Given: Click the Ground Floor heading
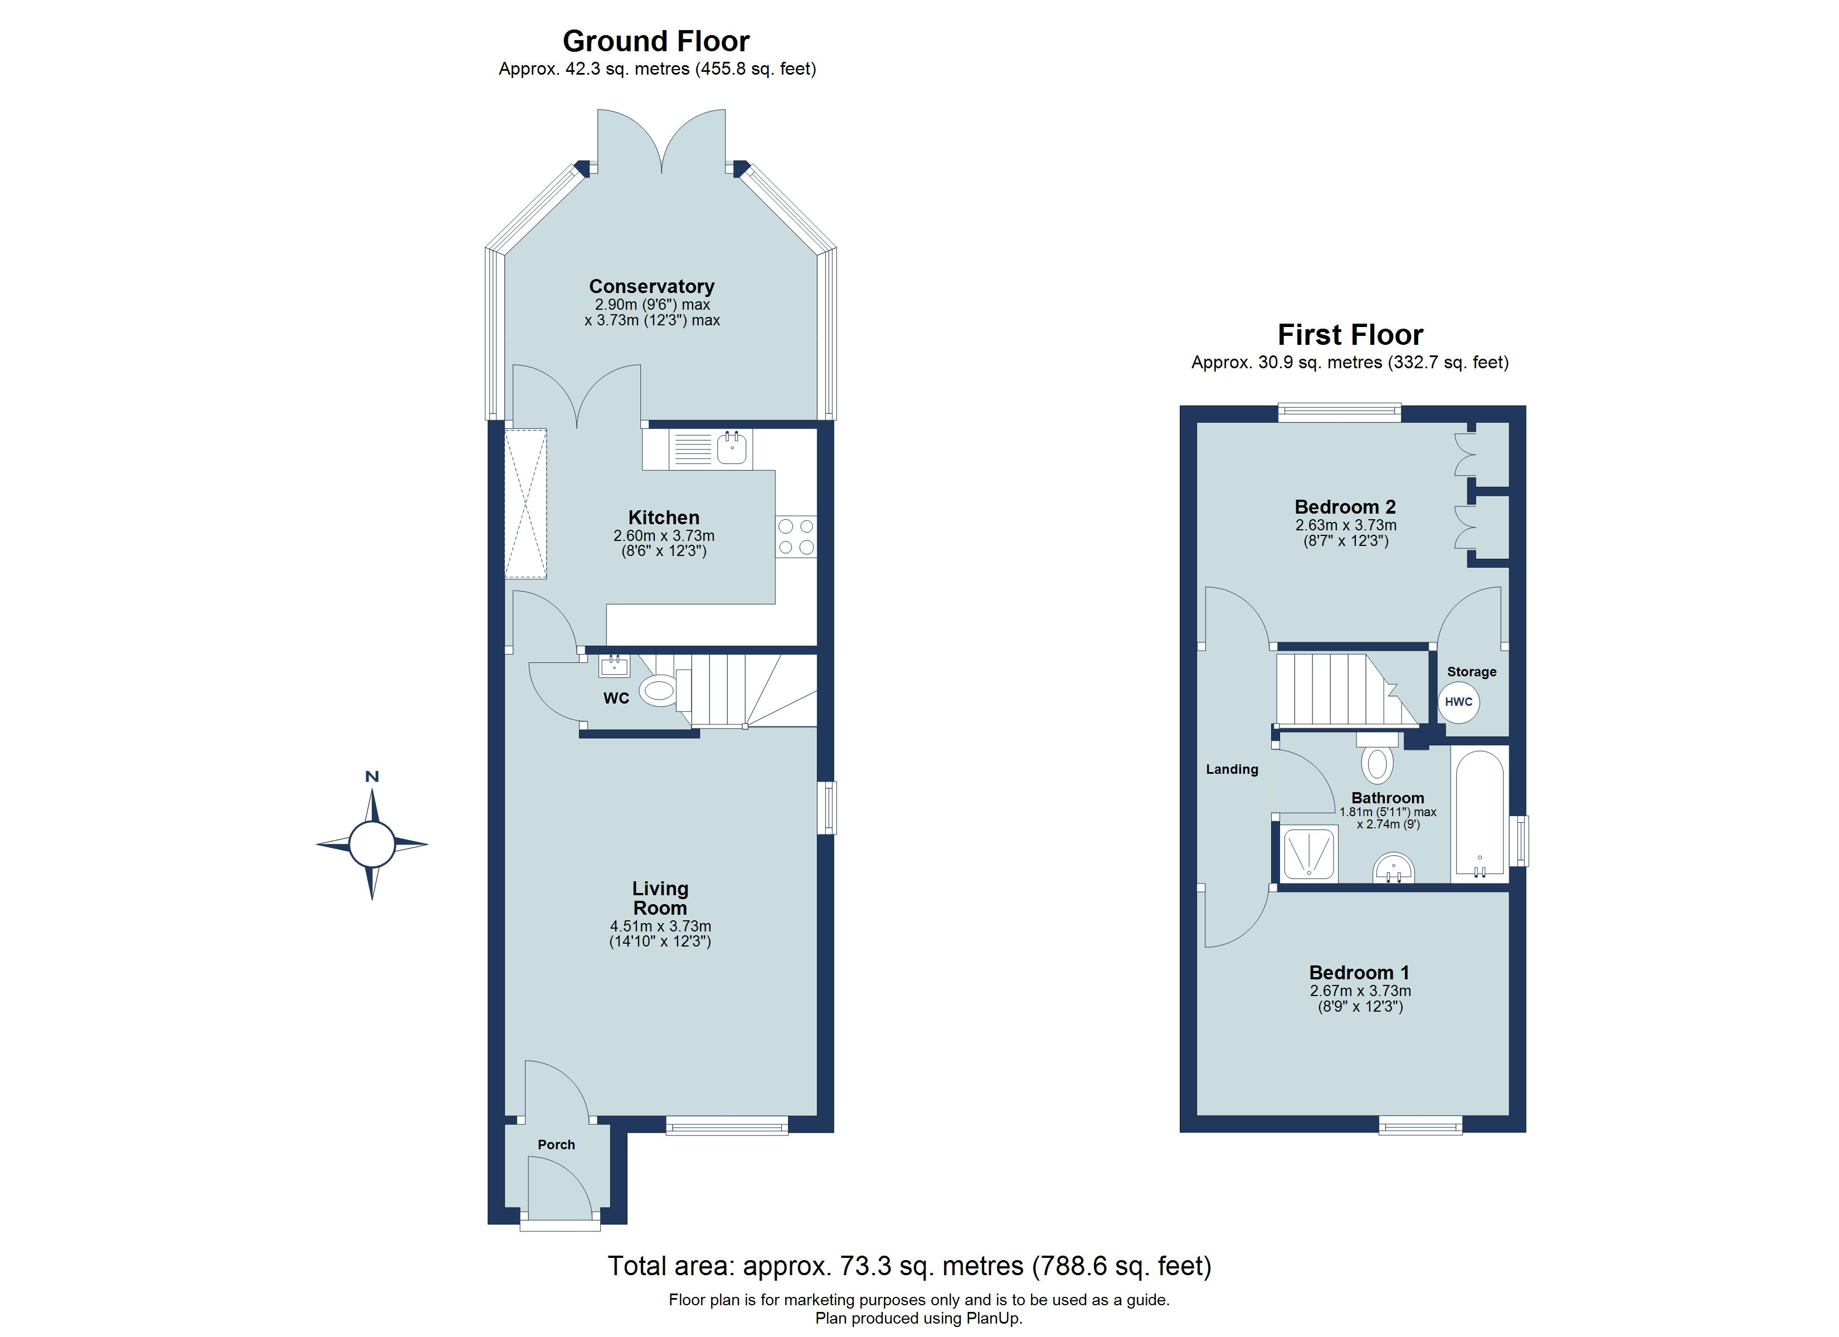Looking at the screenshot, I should pos(655,41).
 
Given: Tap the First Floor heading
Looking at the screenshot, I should pos(1350,335).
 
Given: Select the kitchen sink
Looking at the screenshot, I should pos(731,448).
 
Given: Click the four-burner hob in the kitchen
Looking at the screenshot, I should pos(795,536).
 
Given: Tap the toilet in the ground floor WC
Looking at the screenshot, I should pos(658,691).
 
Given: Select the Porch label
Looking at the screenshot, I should pos(556,1144).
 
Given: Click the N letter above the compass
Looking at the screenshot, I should pos(372,777).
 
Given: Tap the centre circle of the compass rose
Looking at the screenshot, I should pos(372,844).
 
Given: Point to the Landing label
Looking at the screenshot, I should pos(1231,769).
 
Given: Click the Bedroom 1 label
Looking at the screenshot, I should pos(1359,972).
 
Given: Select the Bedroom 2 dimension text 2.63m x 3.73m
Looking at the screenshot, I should pos(1345,525).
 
